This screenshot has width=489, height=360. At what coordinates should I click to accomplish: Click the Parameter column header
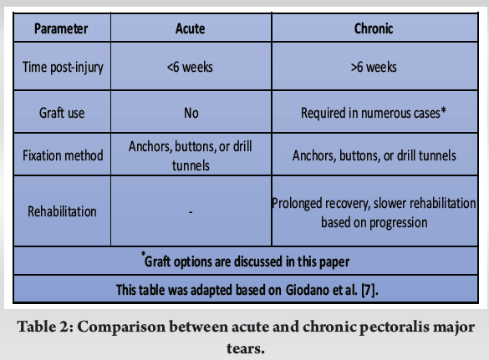coord(61,28)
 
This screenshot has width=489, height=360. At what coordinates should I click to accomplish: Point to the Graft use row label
coord(61,112)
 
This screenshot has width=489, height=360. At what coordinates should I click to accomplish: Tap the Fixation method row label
coord(61,155)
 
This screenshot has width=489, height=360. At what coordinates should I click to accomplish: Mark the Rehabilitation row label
coord(61,212)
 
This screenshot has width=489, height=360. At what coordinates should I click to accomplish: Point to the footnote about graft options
coord(244,261)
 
